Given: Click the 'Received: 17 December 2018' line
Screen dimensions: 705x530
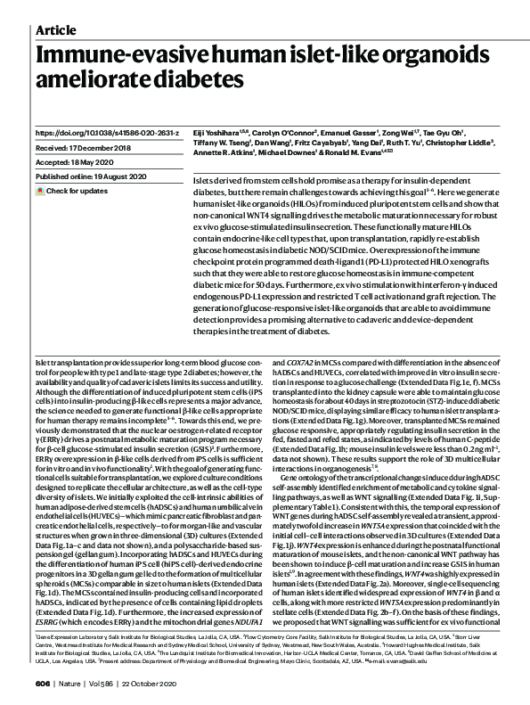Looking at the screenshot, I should [x=83, y=148].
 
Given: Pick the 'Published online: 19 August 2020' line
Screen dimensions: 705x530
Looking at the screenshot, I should [x=92, y=177].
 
